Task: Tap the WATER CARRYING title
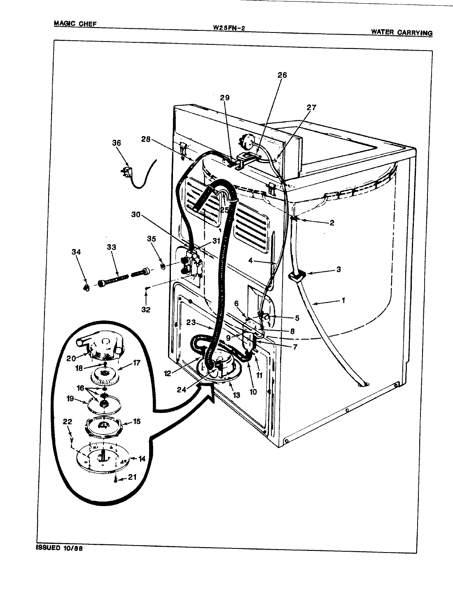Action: [x=402, y=32]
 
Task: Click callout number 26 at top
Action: [x=282, y=75]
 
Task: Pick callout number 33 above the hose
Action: [x=111, y=247]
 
